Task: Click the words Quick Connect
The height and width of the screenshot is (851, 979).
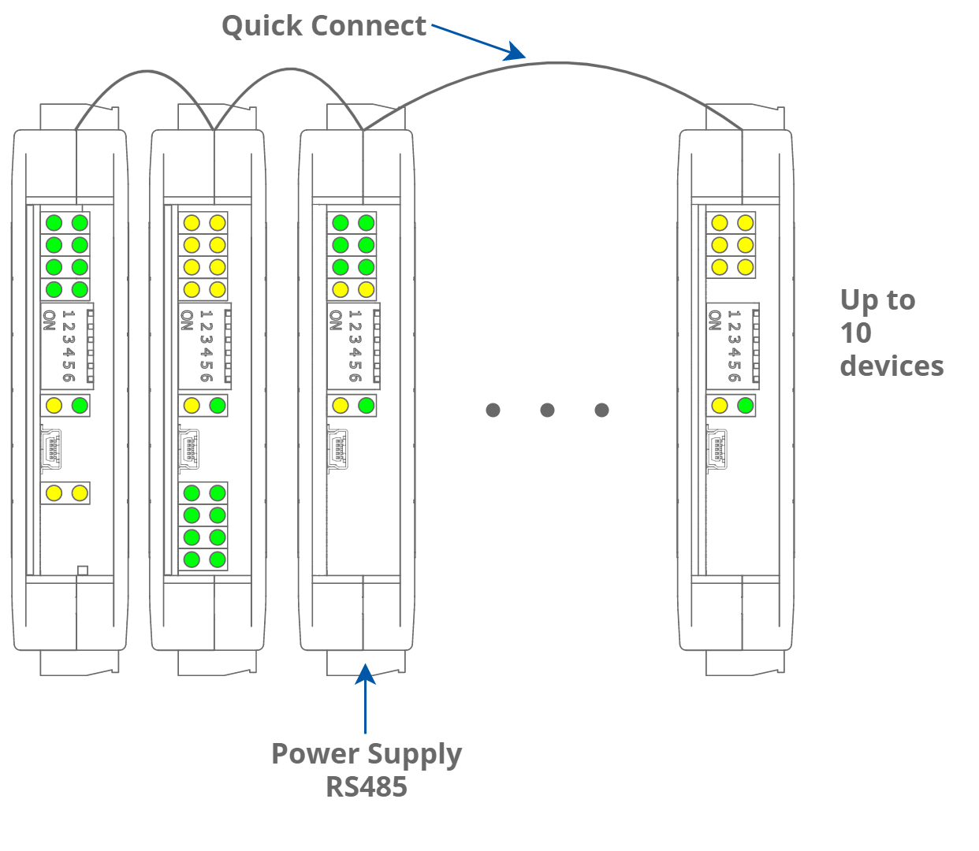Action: [323, 26]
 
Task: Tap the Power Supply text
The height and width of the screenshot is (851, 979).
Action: [367, 754]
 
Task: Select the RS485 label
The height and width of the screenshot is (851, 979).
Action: [367, 786]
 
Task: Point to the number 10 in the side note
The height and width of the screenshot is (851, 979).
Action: [855, 333]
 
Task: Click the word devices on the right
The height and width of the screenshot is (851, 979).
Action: [892, 366]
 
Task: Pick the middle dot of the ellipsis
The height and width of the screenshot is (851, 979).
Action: [547, 410]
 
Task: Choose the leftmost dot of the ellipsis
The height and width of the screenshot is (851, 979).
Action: [493, 410]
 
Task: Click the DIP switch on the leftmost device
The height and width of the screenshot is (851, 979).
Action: [68, 346]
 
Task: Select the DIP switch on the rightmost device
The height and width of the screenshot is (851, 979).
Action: [733, 346]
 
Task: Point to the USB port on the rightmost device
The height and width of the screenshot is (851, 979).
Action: [717, 449]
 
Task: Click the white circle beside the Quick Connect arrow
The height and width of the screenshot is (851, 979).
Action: [478, 48]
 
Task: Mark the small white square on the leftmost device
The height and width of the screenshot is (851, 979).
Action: [83, 570]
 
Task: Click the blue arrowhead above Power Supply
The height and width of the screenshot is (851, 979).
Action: [366, 672]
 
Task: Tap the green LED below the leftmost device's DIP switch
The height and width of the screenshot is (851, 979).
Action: [80, 406]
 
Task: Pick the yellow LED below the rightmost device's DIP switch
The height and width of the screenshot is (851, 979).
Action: [719, 406]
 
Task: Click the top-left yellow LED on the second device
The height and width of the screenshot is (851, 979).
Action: [192, 223]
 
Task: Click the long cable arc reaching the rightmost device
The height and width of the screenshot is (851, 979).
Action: [560, 63]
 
